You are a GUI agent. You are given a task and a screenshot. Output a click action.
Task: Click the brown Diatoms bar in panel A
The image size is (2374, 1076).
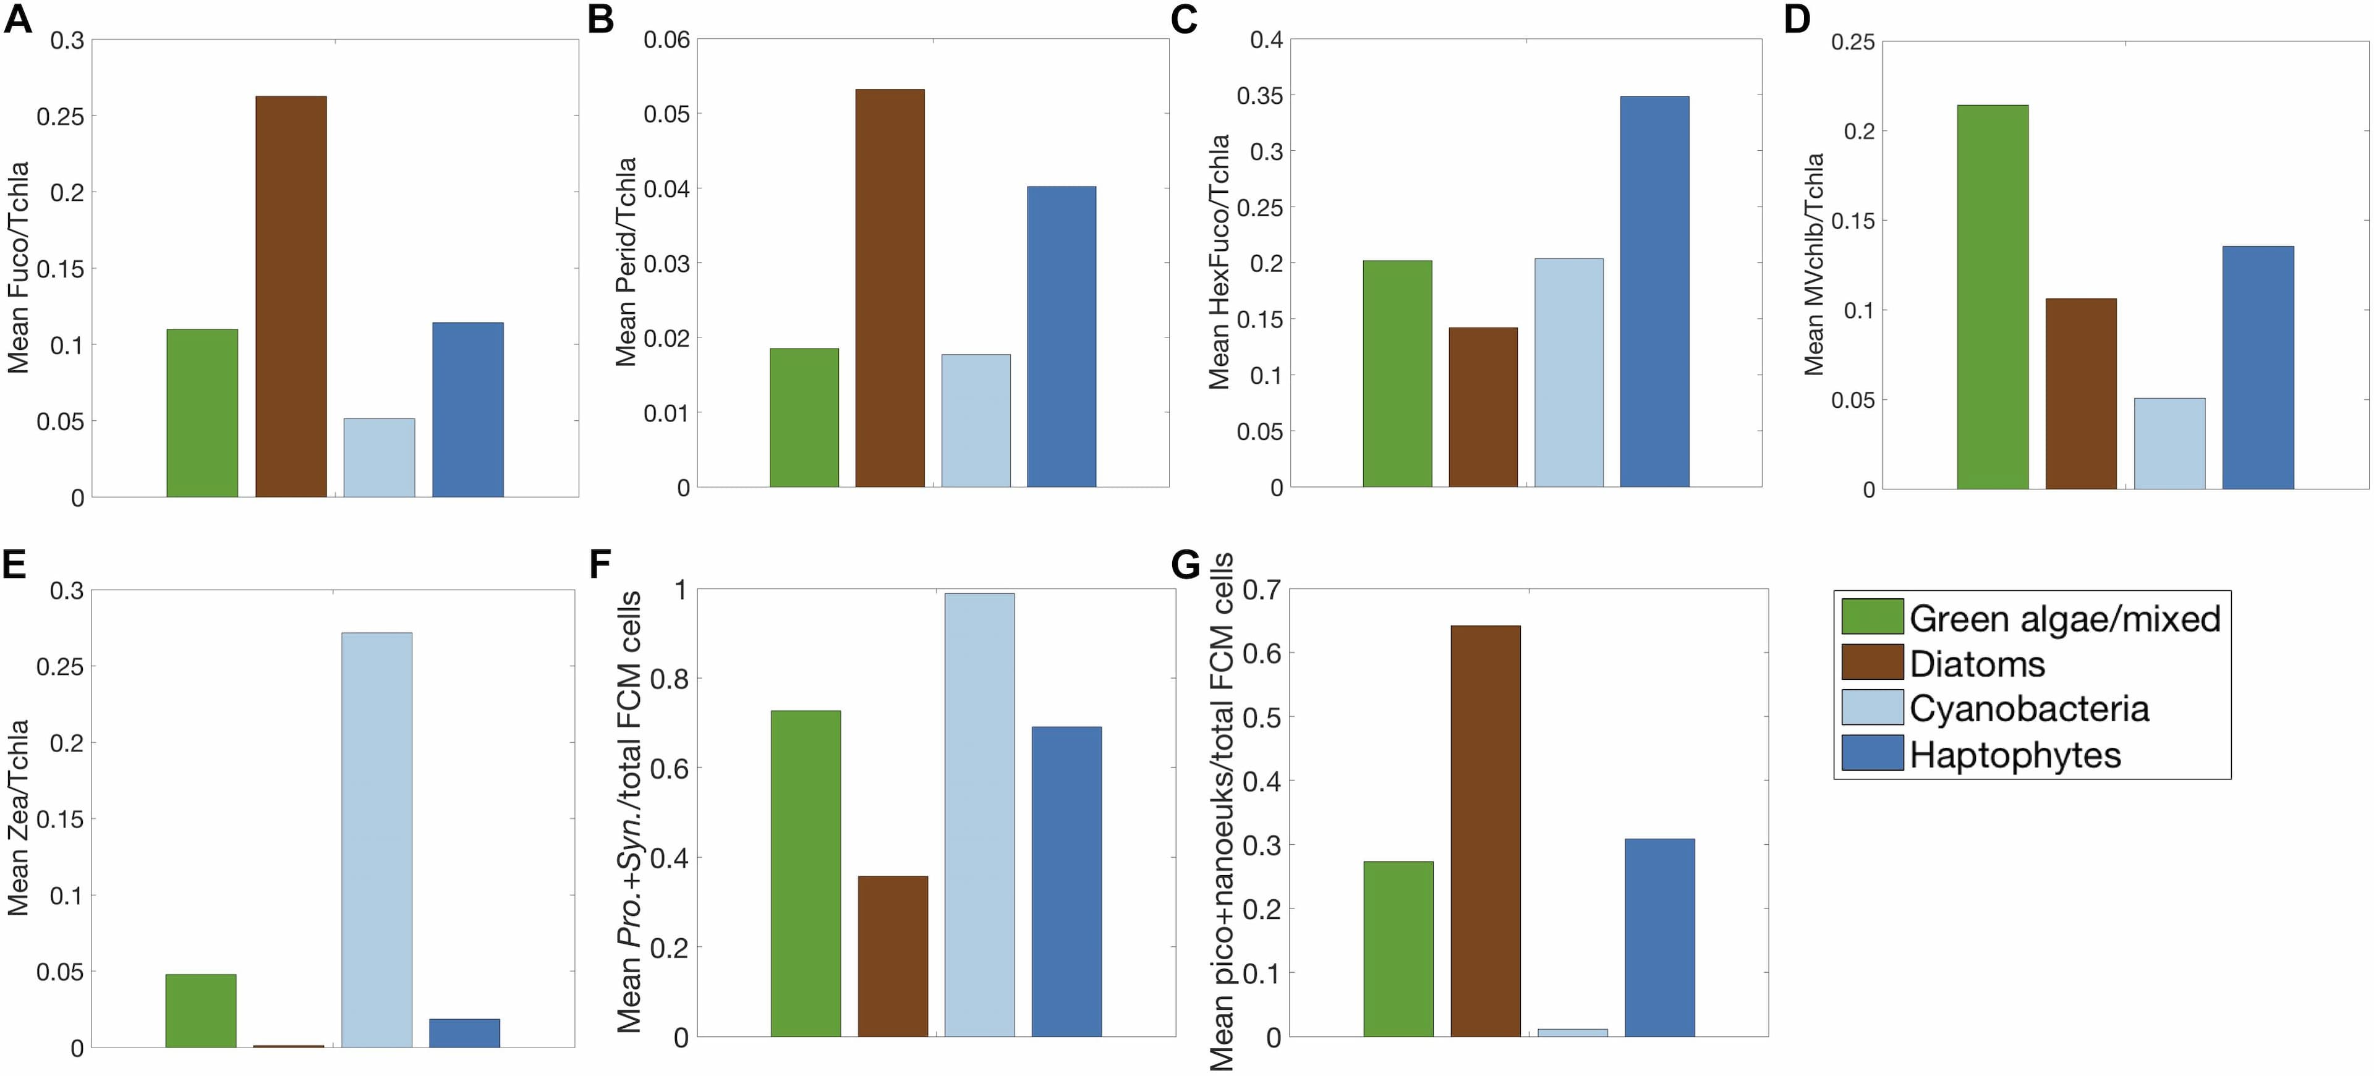point(291,297)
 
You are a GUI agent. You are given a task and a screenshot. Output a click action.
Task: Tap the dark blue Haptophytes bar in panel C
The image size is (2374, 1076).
point(1654,291)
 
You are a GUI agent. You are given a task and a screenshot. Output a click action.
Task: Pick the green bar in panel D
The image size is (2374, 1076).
point(1993,297)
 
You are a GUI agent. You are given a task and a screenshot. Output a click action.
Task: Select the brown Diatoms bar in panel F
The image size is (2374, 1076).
point(892,956)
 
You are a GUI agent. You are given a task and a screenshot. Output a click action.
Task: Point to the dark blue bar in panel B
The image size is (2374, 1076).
point(1061,336)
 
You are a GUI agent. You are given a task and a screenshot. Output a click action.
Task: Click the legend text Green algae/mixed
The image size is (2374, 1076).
point(2064,618)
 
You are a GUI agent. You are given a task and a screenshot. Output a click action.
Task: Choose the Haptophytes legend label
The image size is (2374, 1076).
point(2015,755)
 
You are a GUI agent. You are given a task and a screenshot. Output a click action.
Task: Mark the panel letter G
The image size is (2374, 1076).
point(1185,564)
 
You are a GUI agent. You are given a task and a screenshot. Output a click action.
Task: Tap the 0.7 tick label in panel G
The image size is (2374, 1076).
point(1261,588)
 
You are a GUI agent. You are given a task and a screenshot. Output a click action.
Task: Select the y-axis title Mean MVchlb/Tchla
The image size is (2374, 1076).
point(1814,265)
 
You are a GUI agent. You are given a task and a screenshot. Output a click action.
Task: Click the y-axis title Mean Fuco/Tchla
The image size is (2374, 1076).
point(19,267)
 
